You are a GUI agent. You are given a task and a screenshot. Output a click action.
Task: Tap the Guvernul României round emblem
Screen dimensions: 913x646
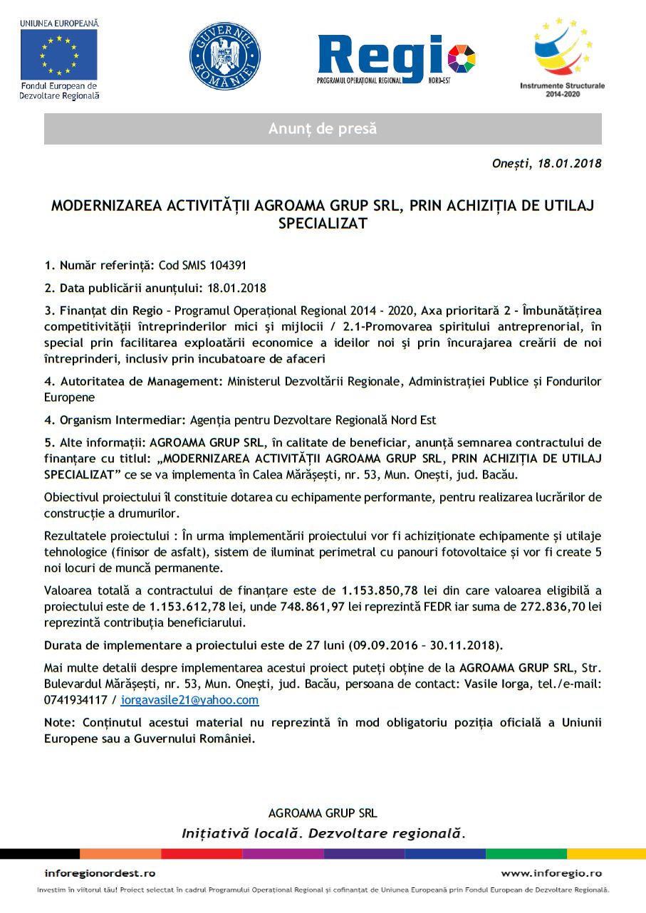pyautogui.click(x=224, y=55)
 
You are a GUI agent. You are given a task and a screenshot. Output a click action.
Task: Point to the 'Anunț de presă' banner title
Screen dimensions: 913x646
pyautogui.click(x=323, y=129)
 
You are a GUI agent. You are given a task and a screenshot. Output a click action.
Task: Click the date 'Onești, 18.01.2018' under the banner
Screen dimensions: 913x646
pyautogui.click(x=546, y=164)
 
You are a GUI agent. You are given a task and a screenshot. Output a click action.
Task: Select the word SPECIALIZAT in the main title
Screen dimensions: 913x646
pyautogui.click(x=323, y=223)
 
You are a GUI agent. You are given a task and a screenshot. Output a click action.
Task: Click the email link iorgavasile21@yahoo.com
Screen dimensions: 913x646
pyautogui.click(x=189, y=700)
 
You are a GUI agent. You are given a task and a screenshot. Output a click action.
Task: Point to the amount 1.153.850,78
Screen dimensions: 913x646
pyautogui.click(x=380, y=590)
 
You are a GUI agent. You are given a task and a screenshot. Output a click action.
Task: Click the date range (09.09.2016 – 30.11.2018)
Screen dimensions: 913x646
pyautogui.click(x=425, y=646)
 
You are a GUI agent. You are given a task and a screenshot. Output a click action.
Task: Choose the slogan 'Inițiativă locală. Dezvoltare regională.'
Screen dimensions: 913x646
pyautogui.click(x=323, y=833)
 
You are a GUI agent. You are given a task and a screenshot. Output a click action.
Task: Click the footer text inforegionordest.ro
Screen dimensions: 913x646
pyautogui.click(x=100, y=873)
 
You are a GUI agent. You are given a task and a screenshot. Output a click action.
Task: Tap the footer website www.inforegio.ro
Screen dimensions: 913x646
pyautogui.click(x=551, y=873)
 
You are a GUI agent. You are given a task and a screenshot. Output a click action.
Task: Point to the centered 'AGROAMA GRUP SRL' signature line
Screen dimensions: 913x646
pyautogui.click(x=323, y=813)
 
